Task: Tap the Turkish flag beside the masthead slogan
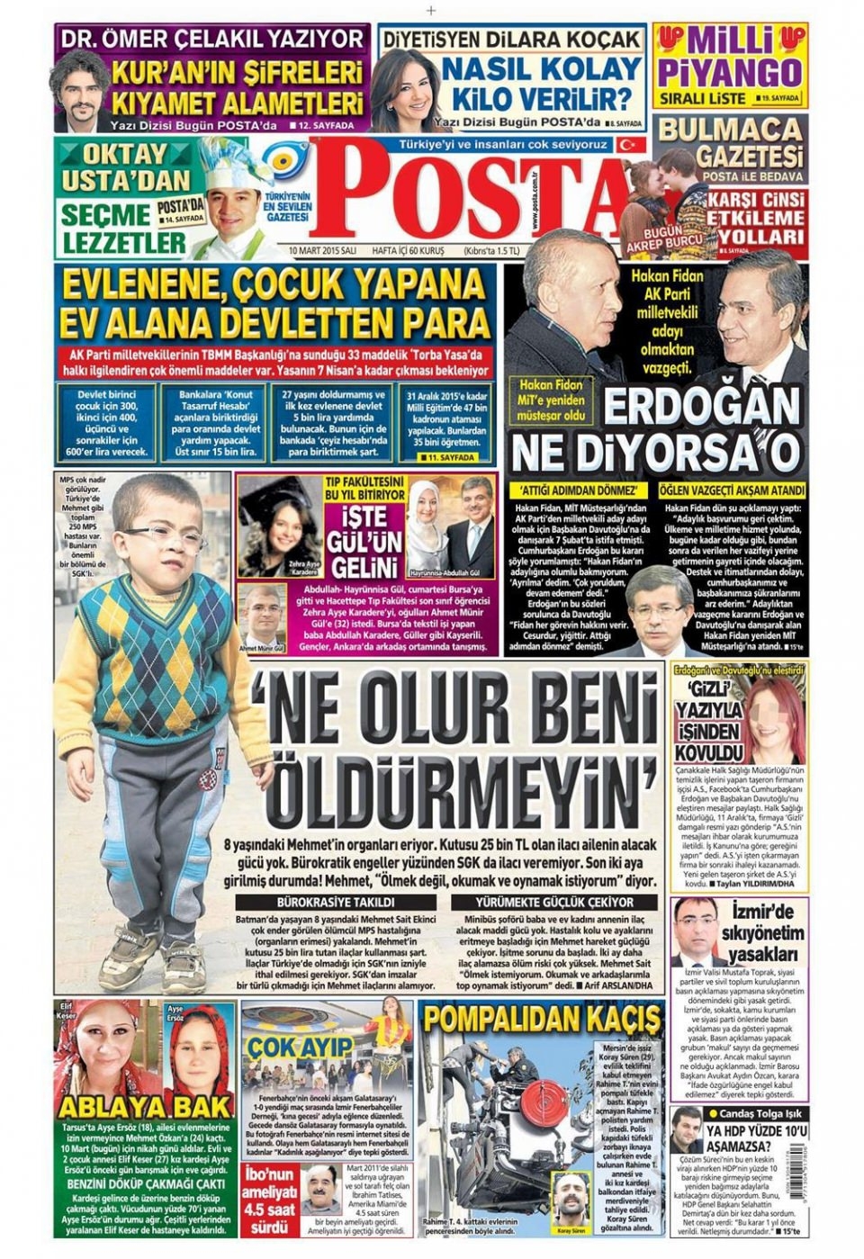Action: click(x=629, y=144)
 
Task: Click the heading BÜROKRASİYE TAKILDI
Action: click(x=337, y=902)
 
